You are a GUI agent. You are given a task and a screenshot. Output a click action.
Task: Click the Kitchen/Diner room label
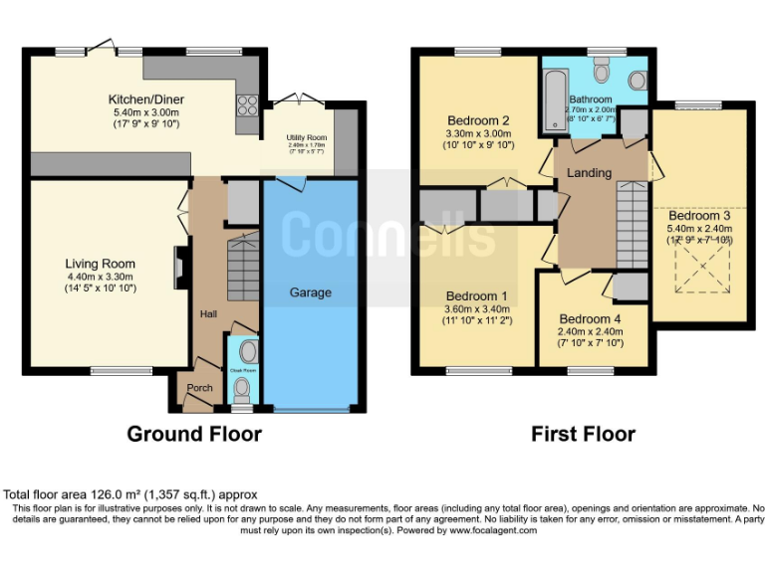(146, 99)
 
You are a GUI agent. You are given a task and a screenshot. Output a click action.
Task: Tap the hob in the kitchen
(247, 104)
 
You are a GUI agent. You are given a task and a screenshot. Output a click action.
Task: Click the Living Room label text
(101, 264)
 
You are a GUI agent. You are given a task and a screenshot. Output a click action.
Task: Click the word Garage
(310, 292)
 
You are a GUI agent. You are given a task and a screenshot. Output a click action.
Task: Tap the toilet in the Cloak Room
(245, 353)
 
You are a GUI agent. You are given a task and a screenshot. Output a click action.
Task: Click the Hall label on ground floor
(208, 314)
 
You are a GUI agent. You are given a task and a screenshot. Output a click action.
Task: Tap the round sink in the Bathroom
(637, 80)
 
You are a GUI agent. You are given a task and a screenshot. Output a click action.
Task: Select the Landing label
(589, 173)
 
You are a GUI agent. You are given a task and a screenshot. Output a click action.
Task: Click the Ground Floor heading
(194, 434)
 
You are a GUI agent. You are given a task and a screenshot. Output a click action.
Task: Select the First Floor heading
(583, 434)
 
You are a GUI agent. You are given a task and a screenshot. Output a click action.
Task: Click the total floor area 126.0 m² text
(130, 494)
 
